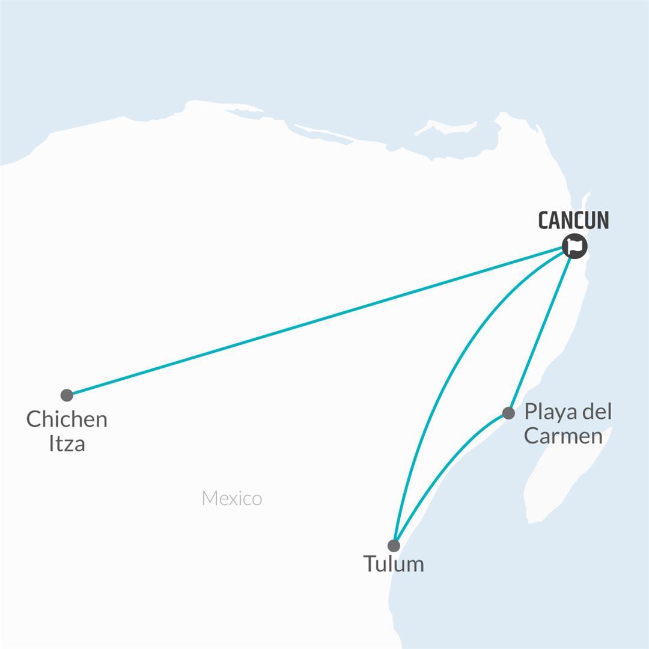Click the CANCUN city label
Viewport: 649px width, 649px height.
coord(573,221)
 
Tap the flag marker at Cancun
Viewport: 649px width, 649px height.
coord(575,246)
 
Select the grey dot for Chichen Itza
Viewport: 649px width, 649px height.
coord(67,395)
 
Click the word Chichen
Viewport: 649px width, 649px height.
coord(67,419)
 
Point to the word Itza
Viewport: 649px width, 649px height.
coord(67,444)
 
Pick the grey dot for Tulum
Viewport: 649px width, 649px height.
coord(394,546)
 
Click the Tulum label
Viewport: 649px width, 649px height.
coord(394,564)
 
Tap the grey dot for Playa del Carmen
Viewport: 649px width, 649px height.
coord(508,413)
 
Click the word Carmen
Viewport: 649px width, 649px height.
coord(563,436)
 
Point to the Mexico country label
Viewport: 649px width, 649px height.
coord(232,498)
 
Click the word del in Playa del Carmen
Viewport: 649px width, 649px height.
coord(597,412)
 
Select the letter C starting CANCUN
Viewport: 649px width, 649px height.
coord(544,221)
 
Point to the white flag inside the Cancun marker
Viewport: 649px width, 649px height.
coord(575,245)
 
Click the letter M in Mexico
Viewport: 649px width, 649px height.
coord(209,498)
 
